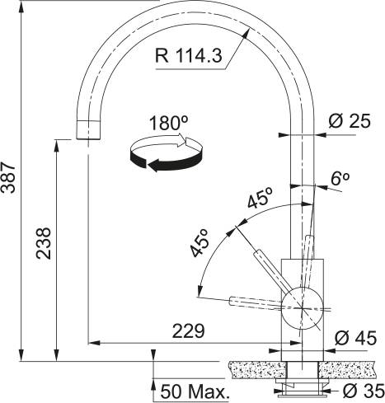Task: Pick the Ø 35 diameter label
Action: coord(360,390)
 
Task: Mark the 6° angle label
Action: coord(340,177)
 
